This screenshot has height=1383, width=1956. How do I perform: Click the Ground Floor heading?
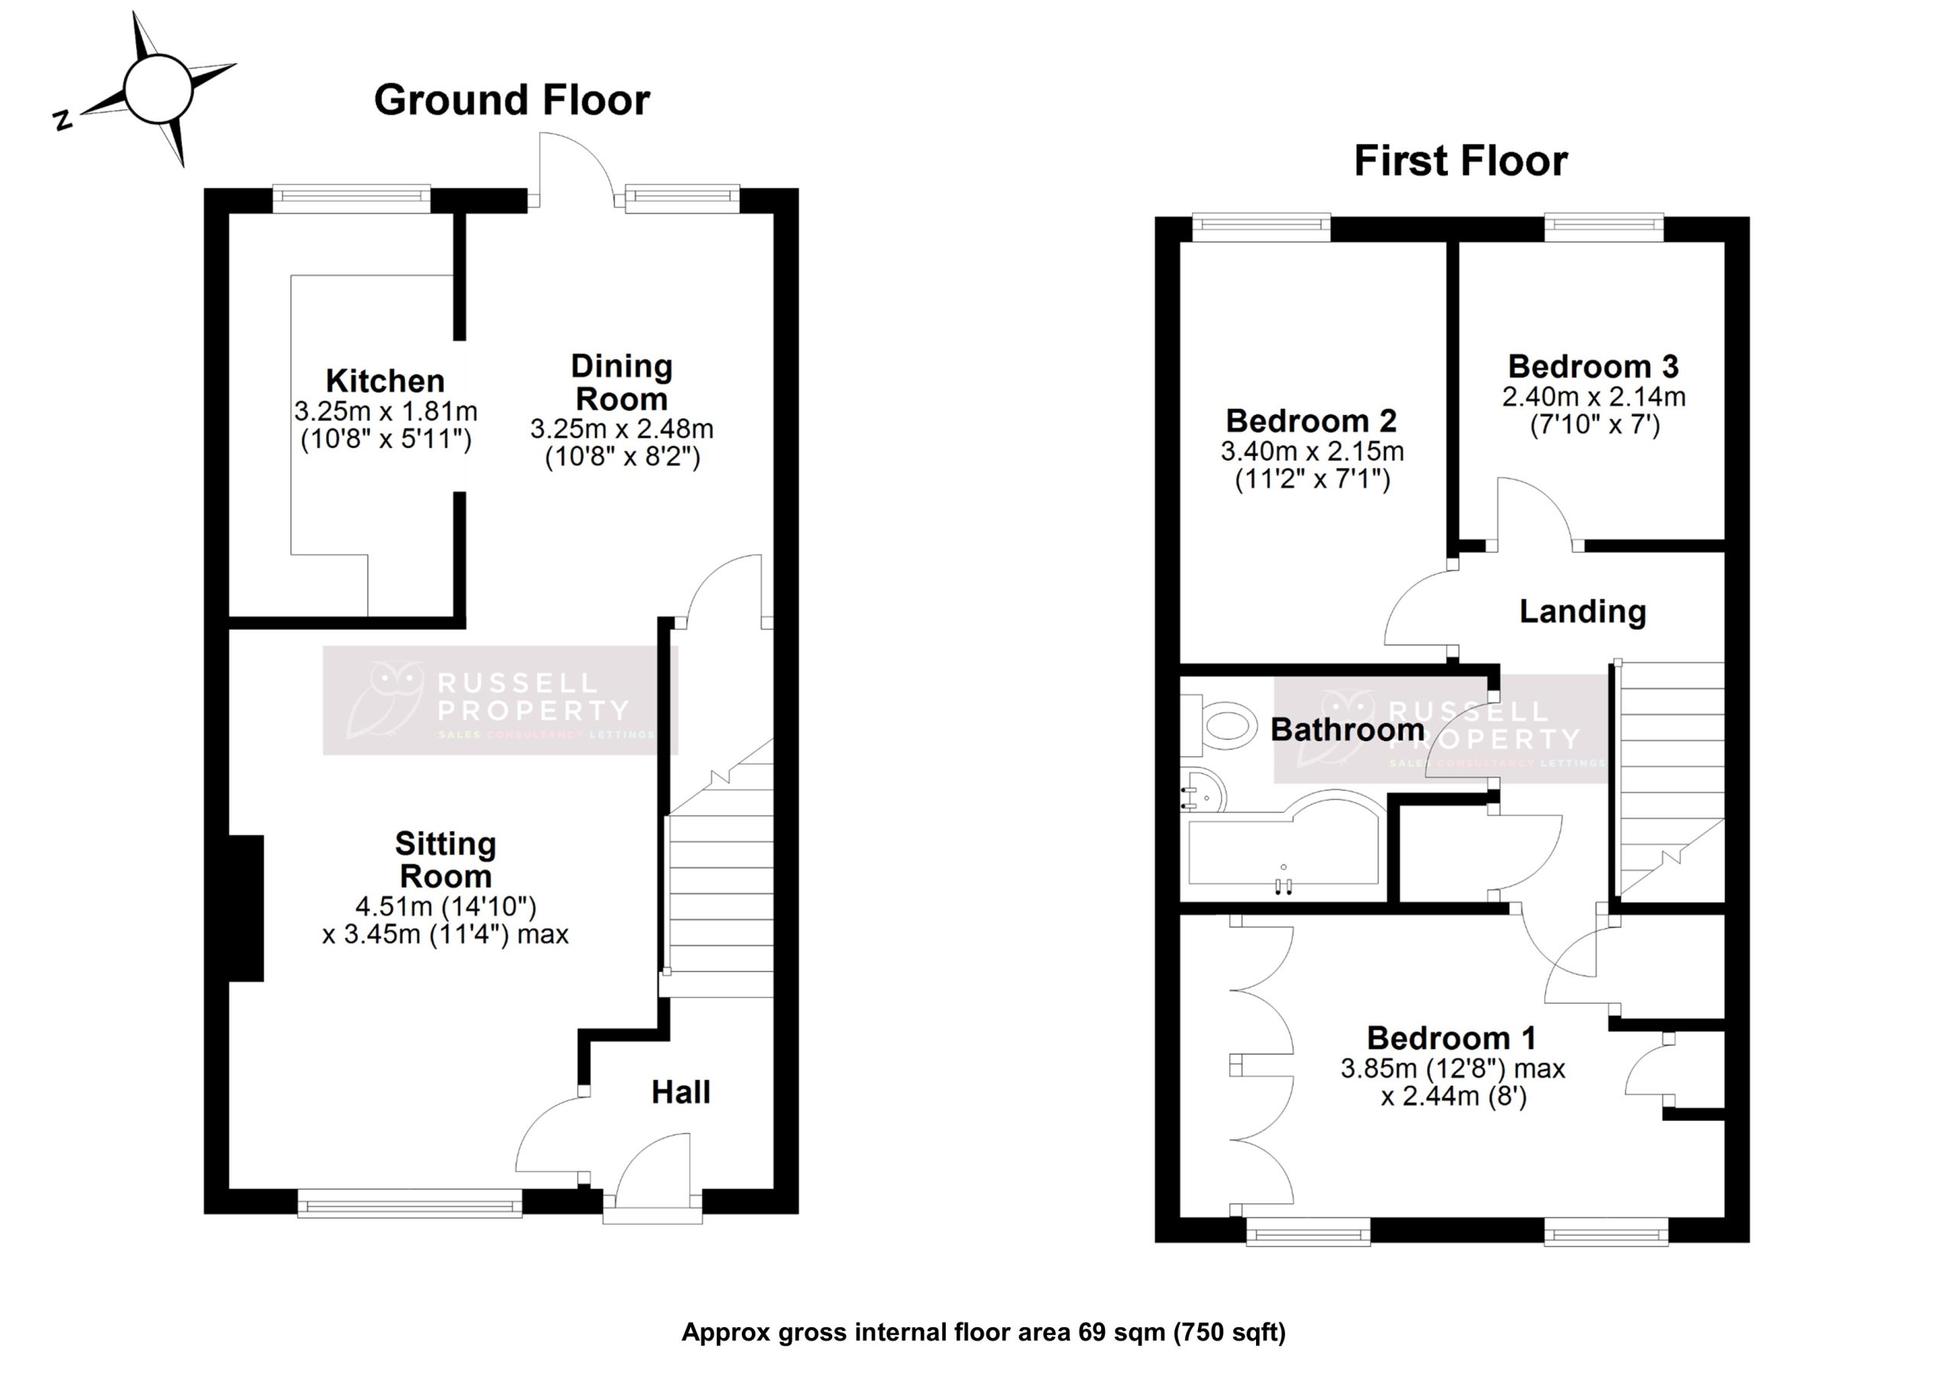512,101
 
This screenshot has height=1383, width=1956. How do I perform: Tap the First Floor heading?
1460,161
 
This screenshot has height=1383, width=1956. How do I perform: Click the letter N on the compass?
62,120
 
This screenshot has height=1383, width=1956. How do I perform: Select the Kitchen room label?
385,381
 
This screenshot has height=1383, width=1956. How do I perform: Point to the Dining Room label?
621,383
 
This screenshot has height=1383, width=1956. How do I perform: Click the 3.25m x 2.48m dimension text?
621,429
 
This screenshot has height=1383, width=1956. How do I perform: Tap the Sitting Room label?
445,860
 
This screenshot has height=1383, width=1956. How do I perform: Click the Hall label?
681,1093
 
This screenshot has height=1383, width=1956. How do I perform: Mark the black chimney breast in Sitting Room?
247,908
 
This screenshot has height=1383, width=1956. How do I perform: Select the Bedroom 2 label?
1311,421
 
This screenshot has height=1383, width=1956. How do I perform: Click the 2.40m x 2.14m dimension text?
1593,397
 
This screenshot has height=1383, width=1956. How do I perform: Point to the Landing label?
1582,612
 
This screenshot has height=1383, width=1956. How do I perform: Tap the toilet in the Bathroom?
1223,726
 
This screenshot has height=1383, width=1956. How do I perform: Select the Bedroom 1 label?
1452,1038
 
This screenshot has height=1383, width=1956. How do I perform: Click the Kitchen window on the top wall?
351,199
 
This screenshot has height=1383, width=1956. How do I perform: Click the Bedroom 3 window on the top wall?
1603,227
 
